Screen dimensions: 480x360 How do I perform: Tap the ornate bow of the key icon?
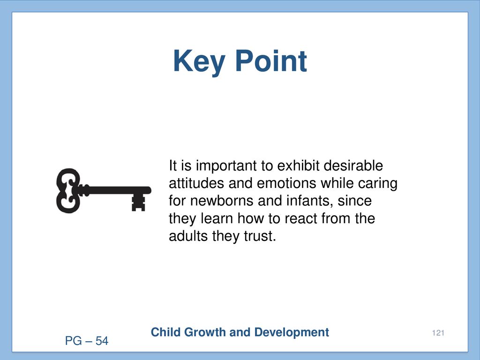[x=68, y=190]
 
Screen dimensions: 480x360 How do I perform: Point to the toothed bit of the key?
[x=138, y=202]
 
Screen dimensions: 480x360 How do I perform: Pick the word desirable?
[x=353, y=165]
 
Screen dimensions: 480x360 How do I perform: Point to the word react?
[x=301, y=219]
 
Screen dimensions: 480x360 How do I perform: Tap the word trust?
[x=260, y=236]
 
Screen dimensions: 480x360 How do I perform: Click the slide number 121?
[x=438, y=333]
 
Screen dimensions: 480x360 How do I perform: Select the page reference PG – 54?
[x=87, y=341]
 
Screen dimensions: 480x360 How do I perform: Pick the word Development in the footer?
[x=292, y=332]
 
